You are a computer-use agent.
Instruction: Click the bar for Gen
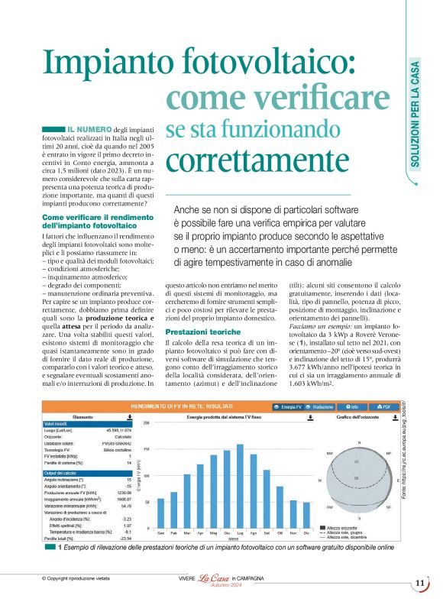[160, 510]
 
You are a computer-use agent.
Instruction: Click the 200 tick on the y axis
[147, 422]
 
